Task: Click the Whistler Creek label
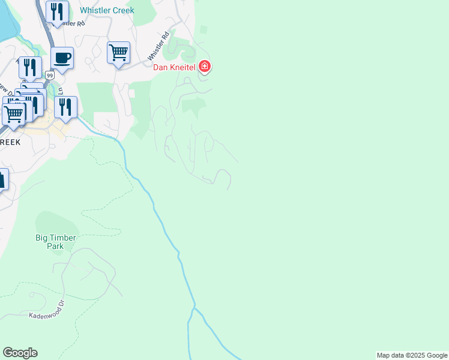click(107, 11)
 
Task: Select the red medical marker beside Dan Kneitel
click(205, 66)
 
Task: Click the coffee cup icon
click(62, 58)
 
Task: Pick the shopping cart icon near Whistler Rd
click(119, 52)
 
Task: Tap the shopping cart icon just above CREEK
click(13, 113)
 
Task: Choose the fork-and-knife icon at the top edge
click(57, 11)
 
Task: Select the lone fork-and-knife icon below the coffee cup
click(65, 107)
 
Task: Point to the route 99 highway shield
click(49, 75)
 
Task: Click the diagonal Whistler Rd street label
click(161, 52)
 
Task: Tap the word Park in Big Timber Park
click(56, 246)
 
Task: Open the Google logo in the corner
click(20, 353)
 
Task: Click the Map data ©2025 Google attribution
click(411, 355)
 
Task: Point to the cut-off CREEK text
click(10, 142)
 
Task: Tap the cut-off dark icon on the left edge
click(3, 179)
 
